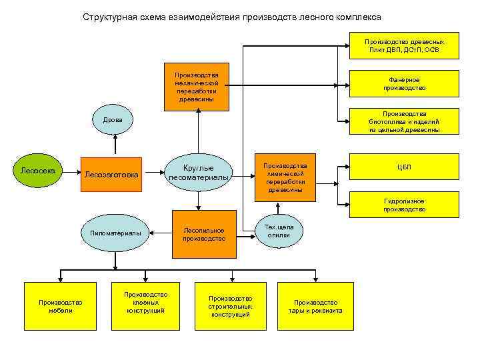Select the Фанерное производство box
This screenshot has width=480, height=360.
coord(404,83)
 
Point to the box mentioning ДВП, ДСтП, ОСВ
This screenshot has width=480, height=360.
coord(404,45)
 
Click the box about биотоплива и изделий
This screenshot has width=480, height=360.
coord(404,121)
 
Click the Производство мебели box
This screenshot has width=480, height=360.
coord(60,306)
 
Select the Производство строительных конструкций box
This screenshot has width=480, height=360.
coord(230,306)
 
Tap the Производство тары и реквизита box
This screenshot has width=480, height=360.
coord(315,306)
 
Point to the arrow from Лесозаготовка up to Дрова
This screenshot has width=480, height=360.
coord(116,143)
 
